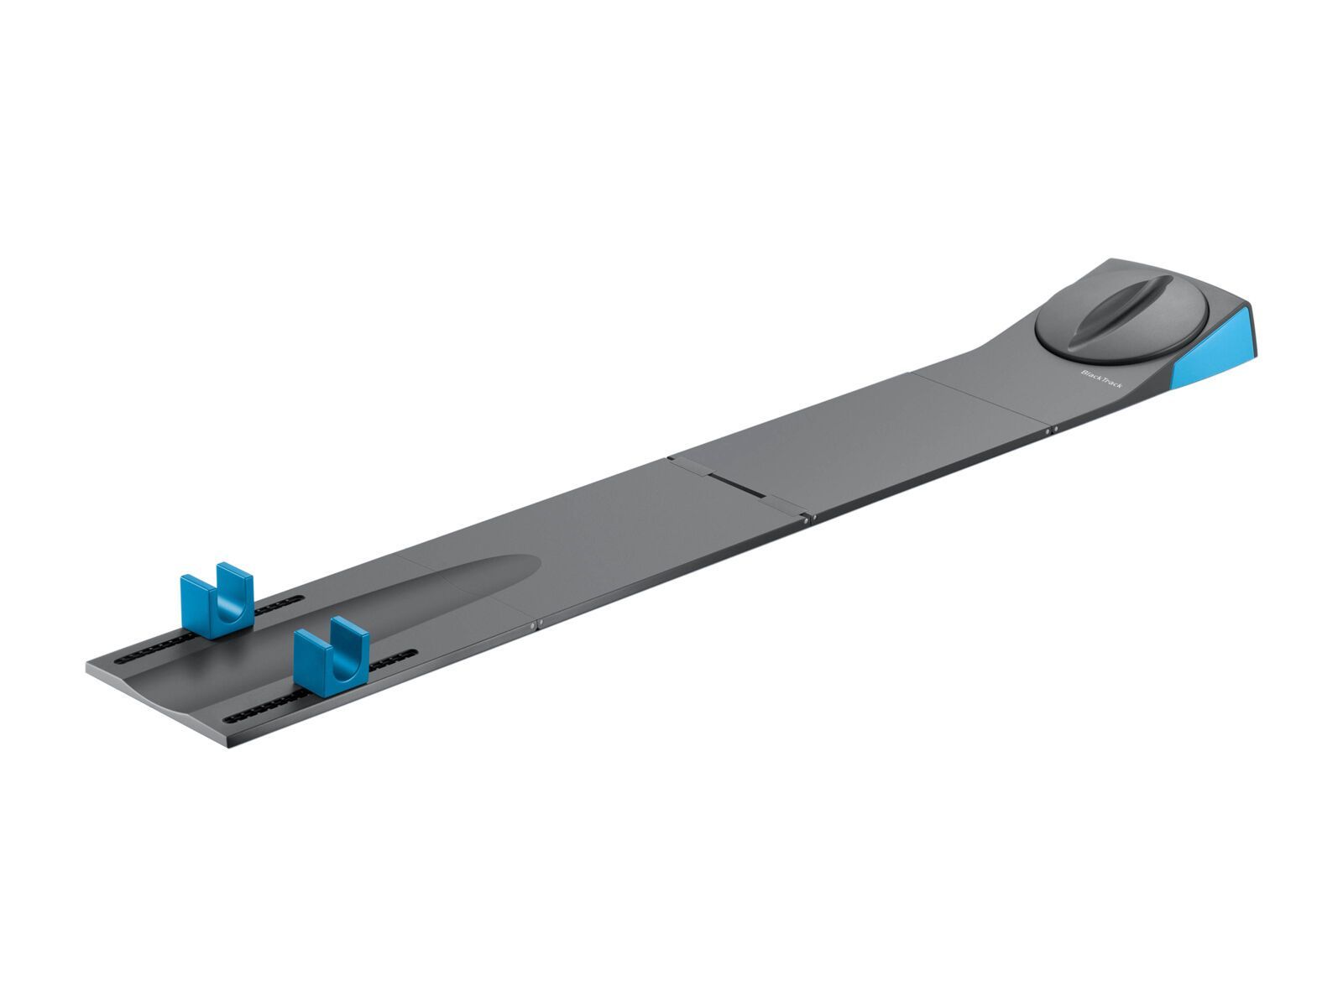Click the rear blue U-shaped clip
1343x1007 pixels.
(217, 597)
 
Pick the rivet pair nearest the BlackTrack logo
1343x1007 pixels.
(1051, 431)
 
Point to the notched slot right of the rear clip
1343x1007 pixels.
(277, 604)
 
